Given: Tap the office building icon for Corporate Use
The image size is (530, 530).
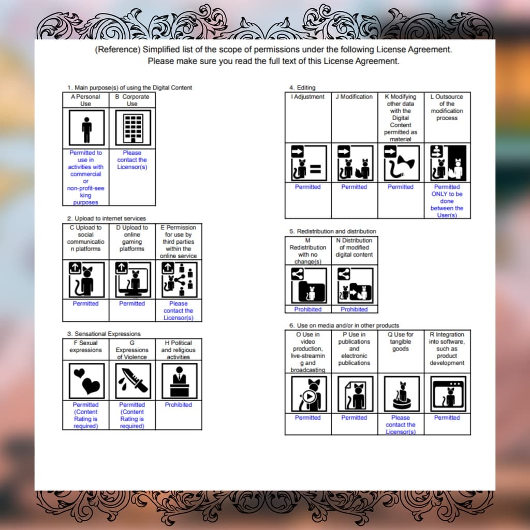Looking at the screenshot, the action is point(133,127).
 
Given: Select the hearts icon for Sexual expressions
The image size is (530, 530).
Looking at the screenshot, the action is point(86,381).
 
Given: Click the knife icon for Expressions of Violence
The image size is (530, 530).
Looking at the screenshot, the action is point(133,381).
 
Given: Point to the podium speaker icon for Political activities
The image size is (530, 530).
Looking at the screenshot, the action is point(179,381).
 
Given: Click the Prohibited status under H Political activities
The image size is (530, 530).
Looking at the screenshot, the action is point(179,405).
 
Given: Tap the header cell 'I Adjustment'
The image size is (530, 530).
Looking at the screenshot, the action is point(307,97).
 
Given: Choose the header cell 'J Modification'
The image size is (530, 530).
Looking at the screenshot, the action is point(354,97).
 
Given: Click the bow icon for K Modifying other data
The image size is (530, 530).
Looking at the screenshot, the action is point(402,163).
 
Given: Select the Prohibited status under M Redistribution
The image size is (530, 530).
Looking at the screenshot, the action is point(307,310).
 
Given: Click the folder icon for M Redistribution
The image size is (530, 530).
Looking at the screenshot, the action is point(309,286).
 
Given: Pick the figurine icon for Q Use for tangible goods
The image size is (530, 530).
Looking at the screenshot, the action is point(402,394).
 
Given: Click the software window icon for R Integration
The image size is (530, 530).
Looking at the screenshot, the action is point(448,394).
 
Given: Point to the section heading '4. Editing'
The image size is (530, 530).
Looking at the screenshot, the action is point(302,87).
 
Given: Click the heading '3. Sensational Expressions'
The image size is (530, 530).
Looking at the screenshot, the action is point(104,334).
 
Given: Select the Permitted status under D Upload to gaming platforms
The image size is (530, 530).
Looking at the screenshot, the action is point(132,303).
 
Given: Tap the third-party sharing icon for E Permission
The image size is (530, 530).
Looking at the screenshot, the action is point(179,280).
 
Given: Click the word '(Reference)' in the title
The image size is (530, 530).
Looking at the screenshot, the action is point(117,50).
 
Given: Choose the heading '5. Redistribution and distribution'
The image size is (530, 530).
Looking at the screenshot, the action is point(332,231).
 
